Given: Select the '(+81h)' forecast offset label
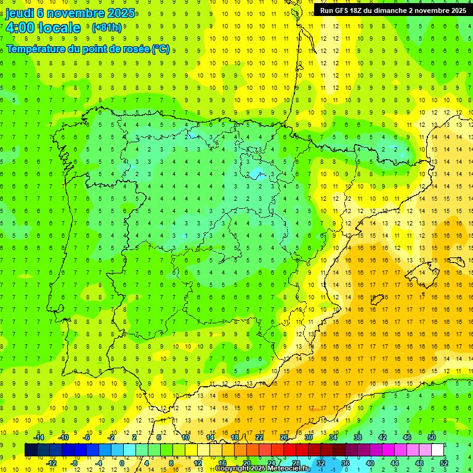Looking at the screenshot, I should (107, 28).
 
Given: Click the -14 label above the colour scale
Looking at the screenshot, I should (38, 437).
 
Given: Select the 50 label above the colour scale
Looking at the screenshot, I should (432, 437).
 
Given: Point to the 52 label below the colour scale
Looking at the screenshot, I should (444, 463).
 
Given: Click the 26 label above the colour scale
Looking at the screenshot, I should (284, 437).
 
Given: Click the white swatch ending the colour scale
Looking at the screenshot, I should (438, 450).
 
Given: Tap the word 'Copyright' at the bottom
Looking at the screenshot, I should (232, 469).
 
